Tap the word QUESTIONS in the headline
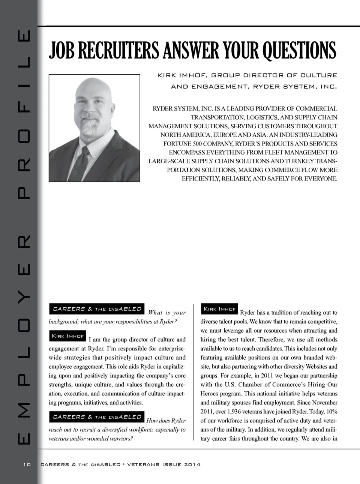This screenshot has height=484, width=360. click(299, 51)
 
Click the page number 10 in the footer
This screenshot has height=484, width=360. click(27, 464)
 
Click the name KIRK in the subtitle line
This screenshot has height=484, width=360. click(167, 75)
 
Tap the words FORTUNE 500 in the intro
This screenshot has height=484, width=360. click(184, 144)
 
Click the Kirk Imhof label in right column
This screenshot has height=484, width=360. click(219, 309)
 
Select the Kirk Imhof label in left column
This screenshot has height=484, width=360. click(67, 336)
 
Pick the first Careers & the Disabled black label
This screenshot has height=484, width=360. click(97, 309)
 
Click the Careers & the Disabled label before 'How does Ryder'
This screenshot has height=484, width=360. click(97, 417)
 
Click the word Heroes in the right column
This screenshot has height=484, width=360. click(208, 394)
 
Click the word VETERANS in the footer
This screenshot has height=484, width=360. click(143, 464)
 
